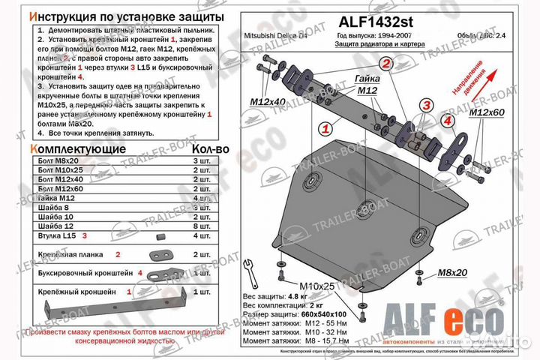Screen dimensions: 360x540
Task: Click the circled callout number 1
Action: point(326,129)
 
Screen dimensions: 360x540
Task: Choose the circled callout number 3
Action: point(426,104)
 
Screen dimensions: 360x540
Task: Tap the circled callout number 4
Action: point(448,120)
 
